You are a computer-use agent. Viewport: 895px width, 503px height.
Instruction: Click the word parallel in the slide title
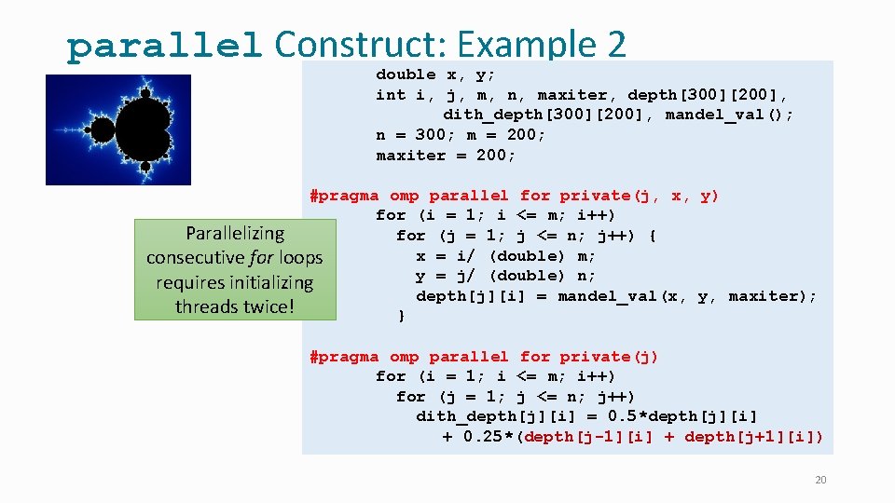tap(164, 46)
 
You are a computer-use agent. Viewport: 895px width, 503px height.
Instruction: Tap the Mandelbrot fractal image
tap(118, 129)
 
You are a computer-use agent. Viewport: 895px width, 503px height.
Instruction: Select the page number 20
tap(820, 480)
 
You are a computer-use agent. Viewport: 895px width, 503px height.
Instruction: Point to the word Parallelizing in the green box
tap(235, 233)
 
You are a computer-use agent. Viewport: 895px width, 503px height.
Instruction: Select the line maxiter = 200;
tap(446, 156)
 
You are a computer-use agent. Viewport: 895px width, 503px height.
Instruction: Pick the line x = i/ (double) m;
tap(505, 256)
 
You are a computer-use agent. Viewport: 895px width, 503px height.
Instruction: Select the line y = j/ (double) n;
tap(505, 276)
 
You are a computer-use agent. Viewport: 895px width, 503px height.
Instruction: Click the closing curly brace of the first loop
tap(401, 316)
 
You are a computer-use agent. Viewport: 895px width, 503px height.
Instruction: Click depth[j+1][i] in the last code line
tap(753, 437)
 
